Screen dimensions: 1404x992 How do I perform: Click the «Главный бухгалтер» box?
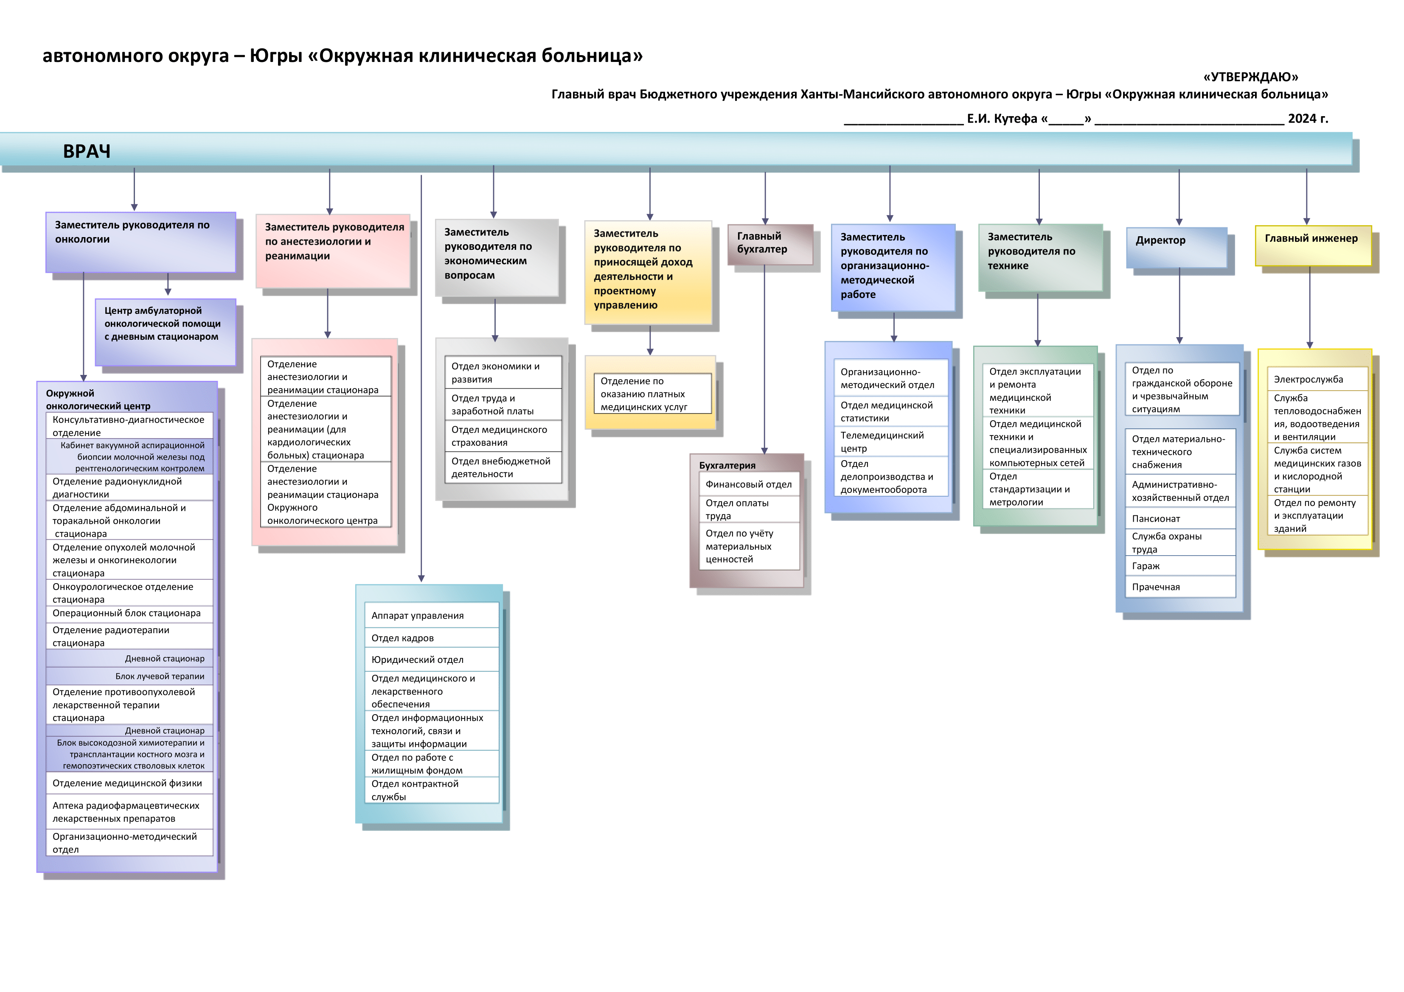click(x=770, y=244)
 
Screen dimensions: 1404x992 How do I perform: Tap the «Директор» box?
click(x=1176, y=248)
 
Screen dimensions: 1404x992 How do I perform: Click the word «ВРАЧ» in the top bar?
click(x=87, y=151)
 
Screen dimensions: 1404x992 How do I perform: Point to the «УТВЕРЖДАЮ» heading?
click(x=1250, y=77)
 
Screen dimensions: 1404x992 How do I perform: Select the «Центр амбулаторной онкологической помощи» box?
click(x=165, y=332)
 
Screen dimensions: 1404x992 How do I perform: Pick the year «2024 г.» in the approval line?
click(x=1308, y=119)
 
